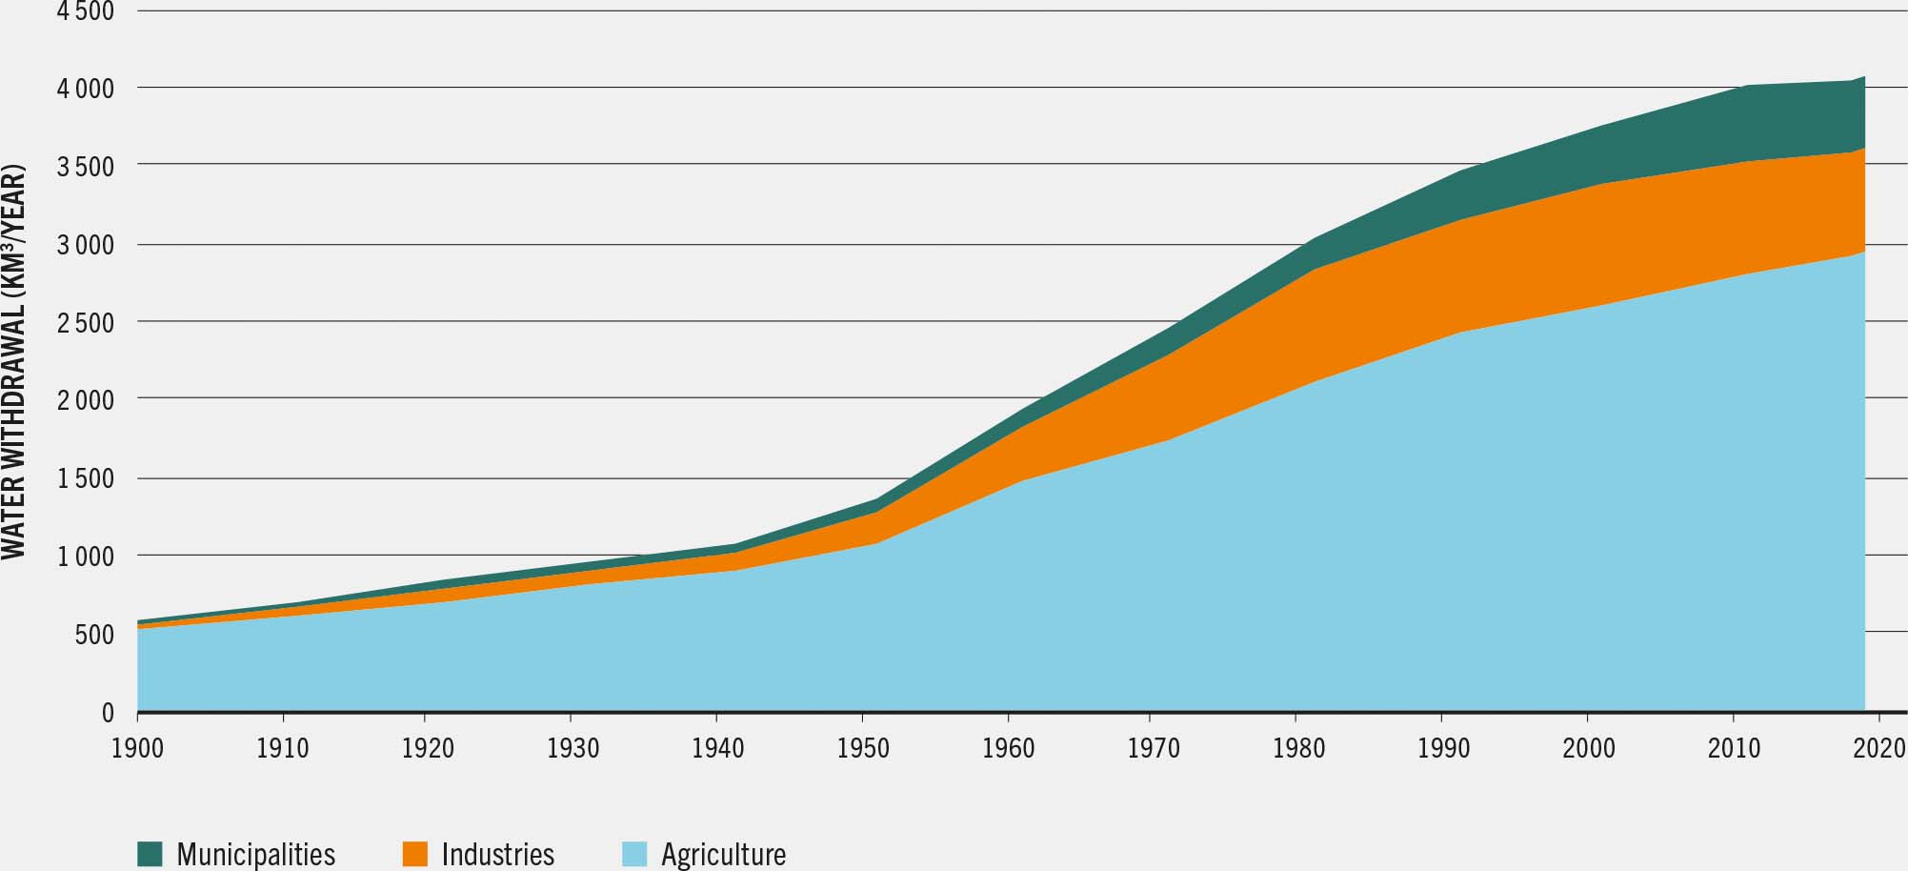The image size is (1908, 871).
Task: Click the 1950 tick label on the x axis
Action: (x=863, y=749)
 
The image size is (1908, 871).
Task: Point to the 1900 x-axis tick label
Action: (x=137, y=749)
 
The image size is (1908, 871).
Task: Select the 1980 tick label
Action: (x=1299, y=749)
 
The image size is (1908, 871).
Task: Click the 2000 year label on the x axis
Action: (x=1589, y=749)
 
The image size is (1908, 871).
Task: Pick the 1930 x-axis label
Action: (x=573, y=749)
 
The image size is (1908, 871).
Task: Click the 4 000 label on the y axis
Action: (x=88, y=90)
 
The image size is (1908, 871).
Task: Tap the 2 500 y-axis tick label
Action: (x=88, y=323)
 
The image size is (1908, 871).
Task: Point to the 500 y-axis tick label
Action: (x=94, y=635)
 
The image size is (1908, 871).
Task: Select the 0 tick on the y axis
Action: (x=108, y=713)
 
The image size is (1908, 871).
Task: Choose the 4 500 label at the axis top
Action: (x=88, y=12)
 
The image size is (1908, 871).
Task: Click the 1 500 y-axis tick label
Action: (x=88, y=478)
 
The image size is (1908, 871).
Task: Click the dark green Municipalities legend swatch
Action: (x=151, y=854)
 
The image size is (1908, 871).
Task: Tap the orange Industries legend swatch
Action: (x=414, y=854)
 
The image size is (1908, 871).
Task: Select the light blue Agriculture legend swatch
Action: (x=634, y=854)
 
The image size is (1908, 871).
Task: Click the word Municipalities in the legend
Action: (x=255, y=855)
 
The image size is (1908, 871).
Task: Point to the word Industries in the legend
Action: (x=497, y=855)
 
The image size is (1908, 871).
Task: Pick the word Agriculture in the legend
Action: (x=723, y=855)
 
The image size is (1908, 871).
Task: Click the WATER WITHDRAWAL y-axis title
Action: (x=13, y=362)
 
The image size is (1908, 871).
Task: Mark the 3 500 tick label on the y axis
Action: (x=88, y=168)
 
